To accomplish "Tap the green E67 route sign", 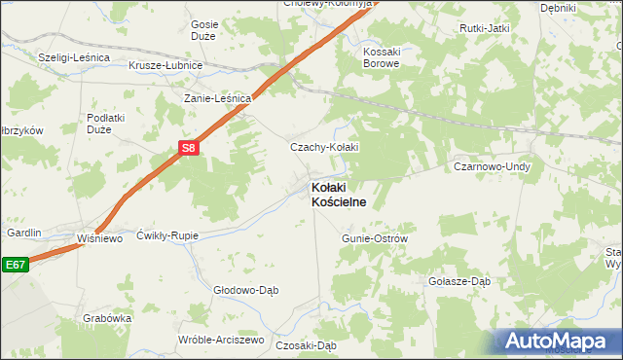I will click(15, 265).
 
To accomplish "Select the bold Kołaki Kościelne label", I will click(338, 194).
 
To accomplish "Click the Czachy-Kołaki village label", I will click(325, 147).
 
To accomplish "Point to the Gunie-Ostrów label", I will click(374, 237).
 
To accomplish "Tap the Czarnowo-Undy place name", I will click(492, 167).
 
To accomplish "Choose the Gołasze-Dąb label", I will click(459, 281).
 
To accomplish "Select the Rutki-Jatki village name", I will click(486, 28).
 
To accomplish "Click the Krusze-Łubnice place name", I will click(165, 65).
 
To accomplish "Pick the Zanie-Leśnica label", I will click(219, 98).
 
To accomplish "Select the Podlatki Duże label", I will click(107, 123).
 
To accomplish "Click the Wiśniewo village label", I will click(100, 238).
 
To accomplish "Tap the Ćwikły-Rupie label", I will click(166, 234).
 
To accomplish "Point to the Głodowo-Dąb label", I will click(246, 289).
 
